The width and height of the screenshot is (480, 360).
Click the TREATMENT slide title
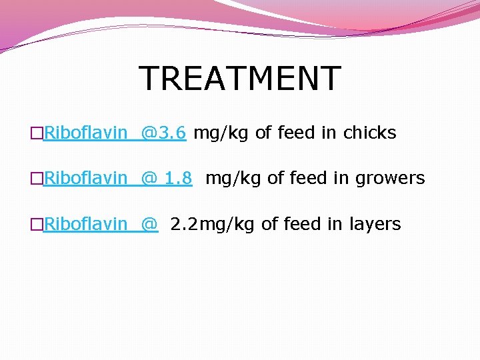click(240, 79)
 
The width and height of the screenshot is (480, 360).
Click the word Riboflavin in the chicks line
click(85, 133)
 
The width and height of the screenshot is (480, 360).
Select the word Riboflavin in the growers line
click(85, 178)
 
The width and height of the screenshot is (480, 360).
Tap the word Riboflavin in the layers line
click(85, 224)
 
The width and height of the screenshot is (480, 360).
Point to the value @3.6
click(163, 133)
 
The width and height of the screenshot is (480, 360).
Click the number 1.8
click(178, 178)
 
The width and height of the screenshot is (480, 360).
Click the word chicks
click(369, 133)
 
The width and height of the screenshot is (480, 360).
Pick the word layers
click(375, 224)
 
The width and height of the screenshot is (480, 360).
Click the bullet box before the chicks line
click(37, 133)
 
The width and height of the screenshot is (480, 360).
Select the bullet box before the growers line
click(37, 179)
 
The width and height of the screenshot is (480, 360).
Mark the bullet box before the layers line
click(37, 225)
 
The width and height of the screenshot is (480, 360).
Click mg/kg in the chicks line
click(221, 133)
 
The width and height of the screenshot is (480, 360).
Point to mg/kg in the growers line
click(233, 179)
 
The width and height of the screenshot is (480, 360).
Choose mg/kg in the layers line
click(227, 225)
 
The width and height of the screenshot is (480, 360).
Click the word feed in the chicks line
click(295, 133)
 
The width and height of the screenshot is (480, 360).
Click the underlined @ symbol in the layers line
click(150, 224)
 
